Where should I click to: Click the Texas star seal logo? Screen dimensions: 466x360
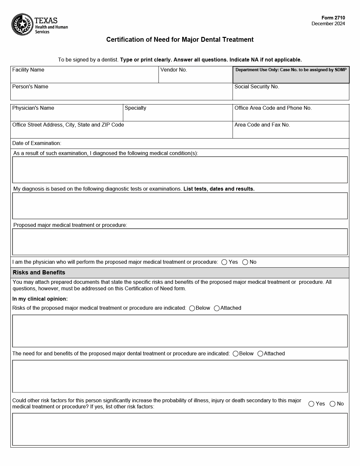tap(22, 25)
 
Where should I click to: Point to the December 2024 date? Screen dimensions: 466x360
tap(328, 24)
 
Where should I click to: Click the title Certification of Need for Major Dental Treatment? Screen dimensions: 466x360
tap(180, 39)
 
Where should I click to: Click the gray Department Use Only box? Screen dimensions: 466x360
tap(291, 75)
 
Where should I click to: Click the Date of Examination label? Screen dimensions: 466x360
tap(37, 143)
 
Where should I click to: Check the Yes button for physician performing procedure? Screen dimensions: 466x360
tap(224, 262)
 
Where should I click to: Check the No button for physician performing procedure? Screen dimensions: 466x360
tap(245, 262)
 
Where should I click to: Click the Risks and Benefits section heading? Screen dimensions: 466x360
tap(39, 272)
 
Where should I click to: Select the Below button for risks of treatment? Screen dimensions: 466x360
tap(192, 308)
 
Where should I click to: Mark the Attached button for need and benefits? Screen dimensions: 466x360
tap(260, 354)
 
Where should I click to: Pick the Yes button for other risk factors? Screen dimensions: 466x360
tap(311, 404)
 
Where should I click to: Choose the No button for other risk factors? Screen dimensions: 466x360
tap(333, 404)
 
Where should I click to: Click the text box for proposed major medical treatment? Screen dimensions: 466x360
tap(180, 242)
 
